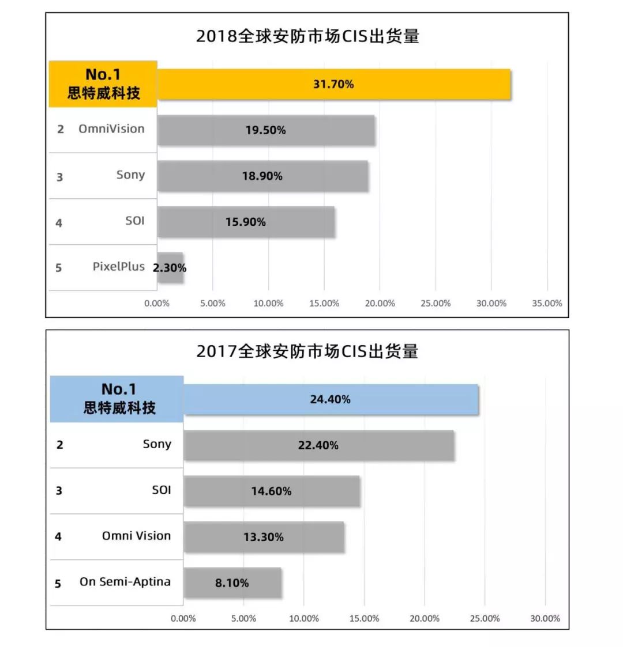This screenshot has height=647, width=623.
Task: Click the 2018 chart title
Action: point(307,36)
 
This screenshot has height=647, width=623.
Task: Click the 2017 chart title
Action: point(307,351)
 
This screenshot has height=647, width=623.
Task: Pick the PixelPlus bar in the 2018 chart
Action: point(170,268)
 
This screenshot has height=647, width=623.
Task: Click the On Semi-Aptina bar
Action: point(232,583)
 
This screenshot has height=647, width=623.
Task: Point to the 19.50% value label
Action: point(265,130)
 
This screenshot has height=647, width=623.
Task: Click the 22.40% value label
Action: point(318,445)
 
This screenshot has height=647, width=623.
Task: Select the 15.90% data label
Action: point(246,222)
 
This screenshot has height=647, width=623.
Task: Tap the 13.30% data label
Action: point(264,537)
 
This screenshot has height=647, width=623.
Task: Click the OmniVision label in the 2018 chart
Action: point(111,129)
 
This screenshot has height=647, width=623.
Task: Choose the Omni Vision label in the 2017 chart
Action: point(137,536)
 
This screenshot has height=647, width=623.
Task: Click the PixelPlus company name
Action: point(119,267)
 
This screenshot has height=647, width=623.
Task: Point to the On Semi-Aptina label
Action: point(125,582)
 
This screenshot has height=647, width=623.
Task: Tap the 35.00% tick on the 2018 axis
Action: point(547,304)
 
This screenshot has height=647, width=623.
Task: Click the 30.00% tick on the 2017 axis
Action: point(545,619)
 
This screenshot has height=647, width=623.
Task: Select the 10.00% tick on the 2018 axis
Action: point(269,304)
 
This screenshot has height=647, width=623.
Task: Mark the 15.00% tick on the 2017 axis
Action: point(364,619)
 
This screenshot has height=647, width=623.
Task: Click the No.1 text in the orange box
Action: point(103,75)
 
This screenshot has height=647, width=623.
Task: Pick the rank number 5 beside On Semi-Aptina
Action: point(58,584)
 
